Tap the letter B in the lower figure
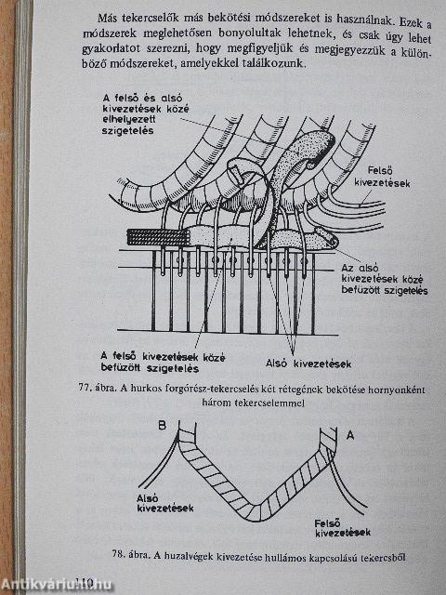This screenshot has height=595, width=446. point(162,426)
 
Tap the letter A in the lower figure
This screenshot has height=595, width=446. point(350,435)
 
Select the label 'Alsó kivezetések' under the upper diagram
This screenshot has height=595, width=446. point(308,364)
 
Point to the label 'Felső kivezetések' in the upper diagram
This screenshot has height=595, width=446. point(382,177)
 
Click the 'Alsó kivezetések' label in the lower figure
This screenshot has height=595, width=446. point(165,503)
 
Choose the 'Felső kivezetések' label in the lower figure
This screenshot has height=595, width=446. point(343,528)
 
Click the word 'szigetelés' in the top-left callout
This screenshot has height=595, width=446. point(127,131)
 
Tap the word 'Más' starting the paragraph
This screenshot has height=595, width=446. point(107,18)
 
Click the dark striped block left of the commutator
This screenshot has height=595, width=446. point(158,237)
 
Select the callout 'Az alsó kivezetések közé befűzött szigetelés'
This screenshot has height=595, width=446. point(384,279)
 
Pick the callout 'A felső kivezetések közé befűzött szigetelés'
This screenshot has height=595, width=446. point(164,363)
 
